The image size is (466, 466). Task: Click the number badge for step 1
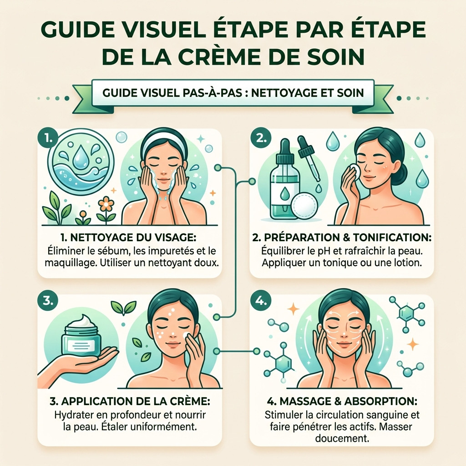(47, 138)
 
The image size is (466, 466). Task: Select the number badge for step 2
(261, 138)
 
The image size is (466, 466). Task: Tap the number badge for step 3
(47, 301)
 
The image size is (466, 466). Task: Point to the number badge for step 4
(261, 301)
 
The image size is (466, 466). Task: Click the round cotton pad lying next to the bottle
(304, 206)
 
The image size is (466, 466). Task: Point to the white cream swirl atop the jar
(83, 322)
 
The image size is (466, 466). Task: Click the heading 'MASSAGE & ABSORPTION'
(342, 401)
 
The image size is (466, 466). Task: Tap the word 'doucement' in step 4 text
(342, 438)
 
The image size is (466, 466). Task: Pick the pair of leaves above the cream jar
(123, 308)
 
